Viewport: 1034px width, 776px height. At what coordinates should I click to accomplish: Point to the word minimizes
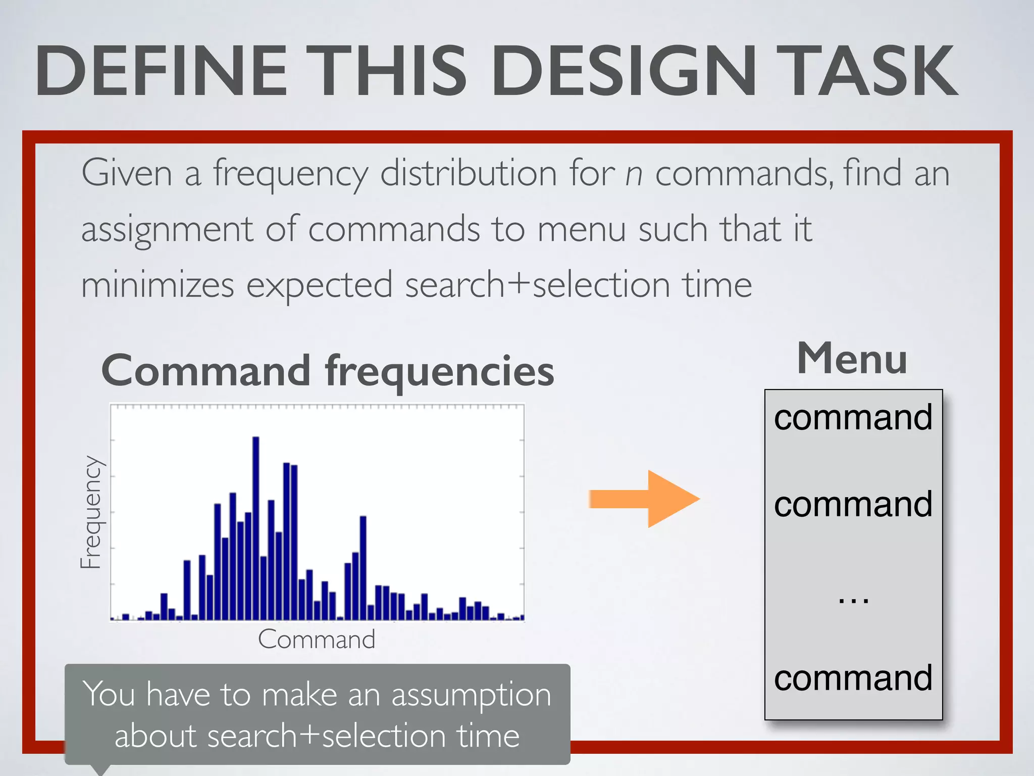click(x=158, y=285)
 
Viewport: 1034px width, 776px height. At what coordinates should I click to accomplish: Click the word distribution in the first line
click(x=469, y=173)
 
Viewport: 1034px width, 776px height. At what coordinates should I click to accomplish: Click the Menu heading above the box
click(x=852, y=359)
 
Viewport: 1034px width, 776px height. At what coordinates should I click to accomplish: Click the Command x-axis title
click(x=317, y=640)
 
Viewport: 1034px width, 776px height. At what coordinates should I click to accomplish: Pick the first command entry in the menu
click(x=853, y=418)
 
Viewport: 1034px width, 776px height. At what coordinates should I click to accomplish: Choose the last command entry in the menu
click(x=853, y=678)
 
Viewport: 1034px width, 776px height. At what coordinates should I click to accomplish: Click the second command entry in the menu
click(x=853, y=505)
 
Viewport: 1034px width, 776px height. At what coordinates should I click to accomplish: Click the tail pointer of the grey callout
click(x=101, y=769)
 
